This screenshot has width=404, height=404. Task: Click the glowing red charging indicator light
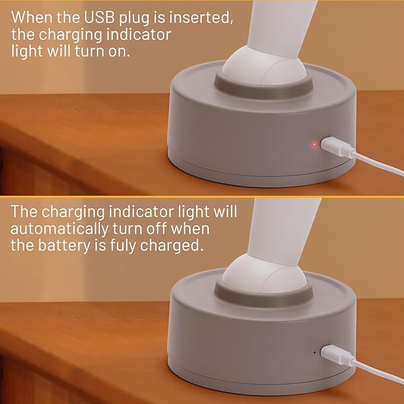pyautogui.click(x=314, y=145)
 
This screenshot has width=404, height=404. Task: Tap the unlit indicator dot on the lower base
pyautogui.click(x=314, y=352)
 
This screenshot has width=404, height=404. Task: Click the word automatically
pyautogui.click(x=59, y=229)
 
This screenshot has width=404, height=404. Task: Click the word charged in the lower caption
pyautogui.click(x=171, y=246)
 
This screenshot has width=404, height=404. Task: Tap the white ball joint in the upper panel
pyautogui.click(x=264, y=67)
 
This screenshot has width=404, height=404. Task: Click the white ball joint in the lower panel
pyautogui.click(x=264, y=275)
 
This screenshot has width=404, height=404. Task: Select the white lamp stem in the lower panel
pyautogui.click(x=283, y=232)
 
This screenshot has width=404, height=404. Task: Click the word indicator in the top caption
pyautogui.click(x=139, y=35)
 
